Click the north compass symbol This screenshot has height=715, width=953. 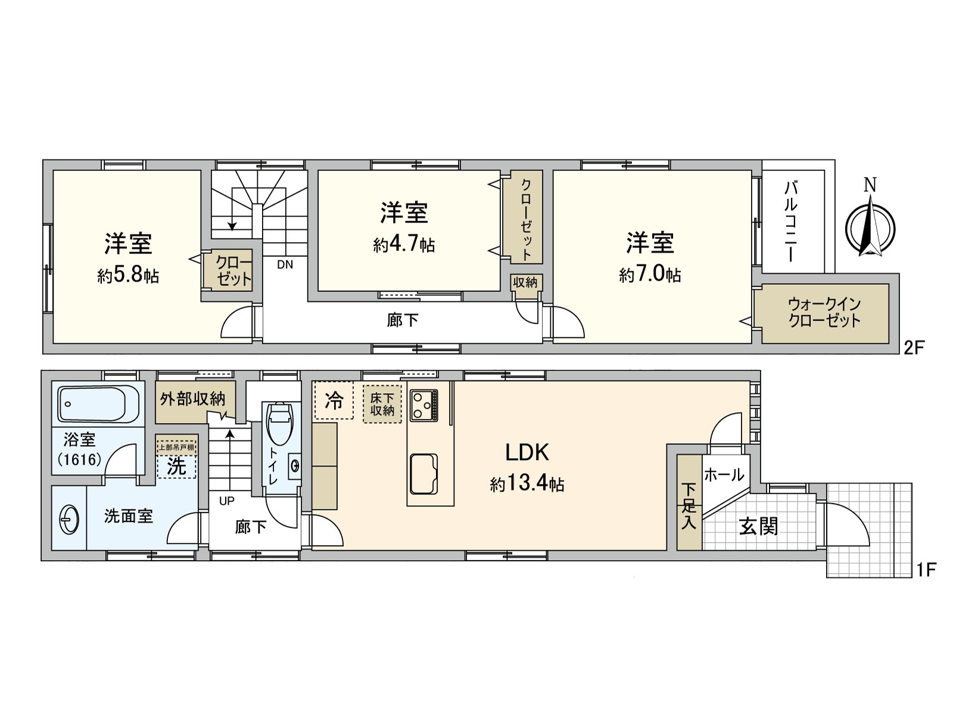click(x=870, y=227)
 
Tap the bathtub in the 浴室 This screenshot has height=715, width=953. click(x=99, y=403)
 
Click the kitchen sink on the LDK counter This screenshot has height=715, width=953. click(x=423, y=474)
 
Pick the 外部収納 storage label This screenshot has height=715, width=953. click(x=192, y=399)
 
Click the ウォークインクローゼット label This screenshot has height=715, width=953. click(x=824, y=313)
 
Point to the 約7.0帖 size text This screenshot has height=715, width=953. click(x=650, y=275)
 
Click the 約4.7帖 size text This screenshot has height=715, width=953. click(x=404, y=245)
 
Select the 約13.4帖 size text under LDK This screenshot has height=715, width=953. click(x=527, y=484)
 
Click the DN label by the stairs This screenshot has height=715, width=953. click(x=285, y=265)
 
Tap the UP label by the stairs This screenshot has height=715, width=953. click(x=226, y=501)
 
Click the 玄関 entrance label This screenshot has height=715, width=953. click(x=758, y=526)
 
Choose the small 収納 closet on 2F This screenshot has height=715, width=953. click(x=525, y=282)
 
